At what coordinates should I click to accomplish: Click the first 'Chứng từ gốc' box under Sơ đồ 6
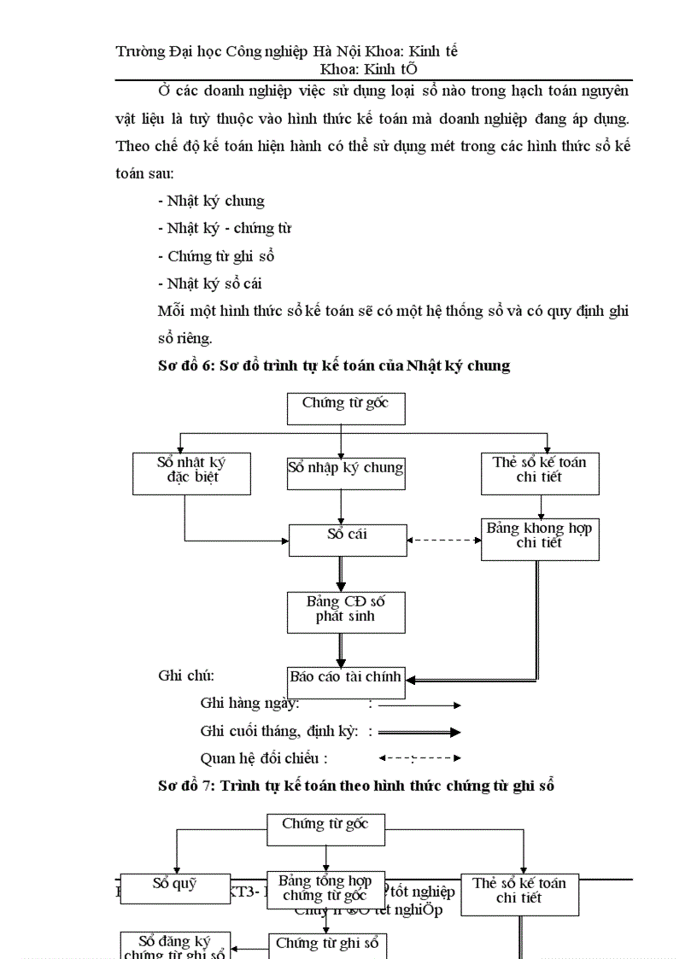click(x=345, y=408)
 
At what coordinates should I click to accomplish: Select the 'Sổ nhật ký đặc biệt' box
click(x=191, y=473)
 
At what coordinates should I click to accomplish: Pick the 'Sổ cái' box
click(x=346, y=540)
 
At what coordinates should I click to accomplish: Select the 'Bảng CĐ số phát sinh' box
click(x=345, y=611)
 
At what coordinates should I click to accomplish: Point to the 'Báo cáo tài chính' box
click(x=345, y=681)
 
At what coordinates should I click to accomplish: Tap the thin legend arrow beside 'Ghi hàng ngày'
click(x=419, y=705)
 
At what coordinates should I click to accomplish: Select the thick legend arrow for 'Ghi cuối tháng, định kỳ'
click(x=419, y=732)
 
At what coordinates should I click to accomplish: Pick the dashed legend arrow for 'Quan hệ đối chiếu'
click(x=419, y=757)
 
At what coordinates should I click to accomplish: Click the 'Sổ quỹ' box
click(x=175, y=888)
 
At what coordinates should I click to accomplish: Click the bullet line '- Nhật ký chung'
click(x=212, y=202)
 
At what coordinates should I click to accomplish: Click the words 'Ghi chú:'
click(x=186, y=675)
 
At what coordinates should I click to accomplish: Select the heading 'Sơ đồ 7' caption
click(x=356, y=786)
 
